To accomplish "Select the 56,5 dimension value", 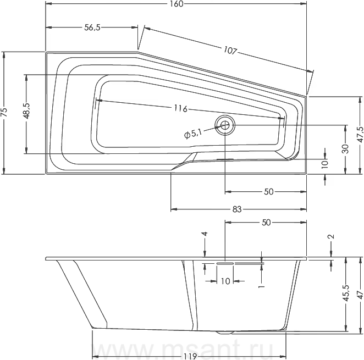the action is (92, 27).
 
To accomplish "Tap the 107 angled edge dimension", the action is (230, 51).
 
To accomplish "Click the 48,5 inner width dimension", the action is (26, 111).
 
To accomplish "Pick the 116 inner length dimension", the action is (180, 108).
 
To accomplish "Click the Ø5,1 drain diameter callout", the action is (192, 134).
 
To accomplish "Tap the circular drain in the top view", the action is (225, 125).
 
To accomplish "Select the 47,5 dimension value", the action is (360, 135).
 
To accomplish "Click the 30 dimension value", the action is (346, 149).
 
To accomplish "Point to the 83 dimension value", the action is (237, 209).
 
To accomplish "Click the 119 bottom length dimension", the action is (190, 356).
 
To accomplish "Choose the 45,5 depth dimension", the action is (346, 293).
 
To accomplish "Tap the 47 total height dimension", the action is (360, 295).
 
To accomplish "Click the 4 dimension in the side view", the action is (205, 234).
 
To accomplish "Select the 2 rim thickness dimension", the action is (332, 236).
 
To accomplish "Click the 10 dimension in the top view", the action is (325, 163).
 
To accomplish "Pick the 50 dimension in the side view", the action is (266, 223).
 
